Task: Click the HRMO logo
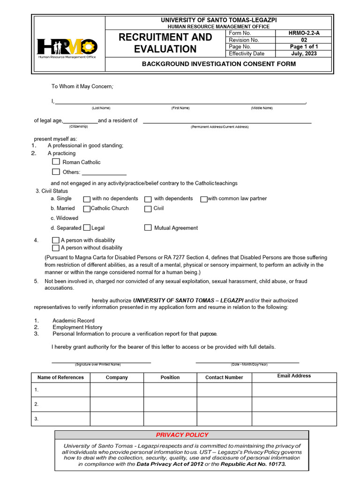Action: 67,47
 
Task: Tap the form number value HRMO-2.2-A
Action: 303,33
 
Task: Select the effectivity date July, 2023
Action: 303,53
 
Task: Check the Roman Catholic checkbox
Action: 56,162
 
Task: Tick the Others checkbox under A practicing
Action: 56,172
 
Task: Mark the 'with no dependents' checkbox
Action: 87,199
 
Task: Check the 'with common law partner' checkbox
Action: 204,199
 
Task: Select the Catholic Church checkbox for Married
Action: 87,209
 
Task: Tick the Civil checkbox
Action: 148,209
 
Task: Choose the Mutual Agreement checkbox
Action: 148,228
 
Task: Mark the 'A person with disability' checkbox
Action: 56,240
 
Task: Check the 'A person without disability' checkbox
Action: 56,247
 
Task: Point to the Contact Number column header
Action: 224,377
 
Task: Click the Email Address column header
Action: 294,376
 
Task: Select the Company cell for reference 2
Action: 117,404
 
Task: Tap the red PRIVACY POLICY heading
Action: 182,435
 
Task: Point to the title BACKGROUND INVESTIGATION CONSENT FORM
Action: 219,64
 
